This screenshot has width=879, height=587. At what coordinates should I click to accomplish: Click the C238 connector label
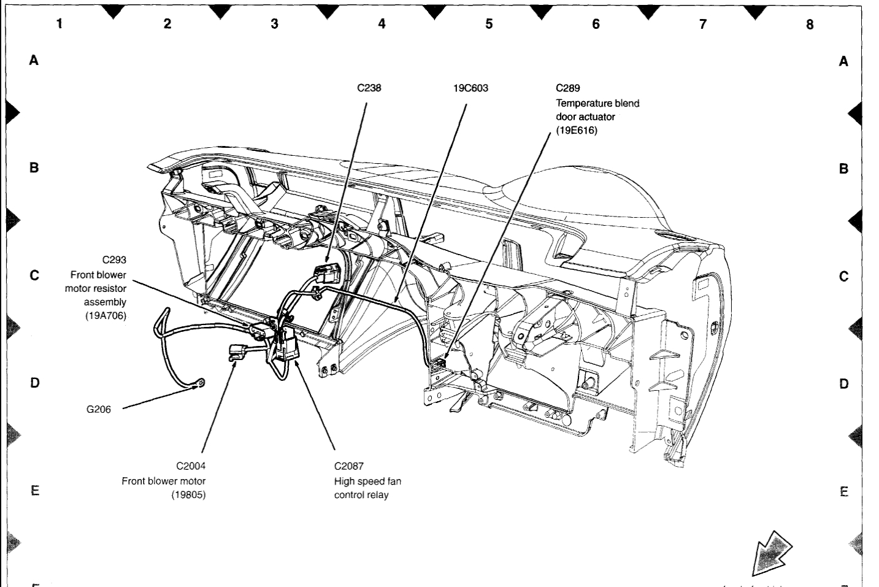(369, 88)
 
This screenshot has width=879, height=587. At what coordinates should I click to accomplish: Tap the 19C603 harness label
(470, 88)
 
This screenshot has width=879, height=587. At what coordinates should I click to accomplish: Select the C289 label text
(567, 88)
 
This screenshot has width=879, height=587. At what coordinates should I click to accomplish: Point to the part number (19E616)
(576, 130)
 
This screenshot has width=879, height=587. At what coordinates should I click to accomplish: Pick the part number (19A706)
(105, 316)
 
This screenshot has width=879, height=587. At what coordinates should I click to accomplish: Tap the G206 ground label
(99, 409)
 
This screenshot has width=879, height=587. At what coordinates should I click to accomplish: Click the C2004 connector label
(190, 466)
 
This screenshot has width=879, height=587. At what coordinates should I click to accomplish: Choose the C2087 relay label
(349, 466)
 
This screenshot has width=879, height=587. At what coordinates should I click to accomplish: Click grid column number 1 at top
(59, 24)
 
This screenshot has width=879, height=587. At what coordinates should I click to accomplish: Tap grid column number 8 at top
(810, 25)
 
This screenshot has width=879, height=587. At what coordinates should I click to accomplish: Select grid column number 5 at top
(489, 24)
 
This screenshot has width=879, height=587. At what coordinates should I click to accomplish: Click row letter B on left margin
(34, 167)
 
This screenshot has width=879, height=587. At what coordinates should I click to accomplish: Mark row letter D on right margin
(844, 384)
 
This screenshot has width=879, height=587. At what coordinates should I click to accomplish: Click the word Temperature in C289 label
(584, 103)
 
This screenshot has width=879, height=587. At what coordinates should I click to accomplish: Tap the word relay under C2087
(378, 495)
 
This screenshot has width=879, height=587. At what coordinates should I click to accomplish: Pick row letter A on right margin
(844, 61)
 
